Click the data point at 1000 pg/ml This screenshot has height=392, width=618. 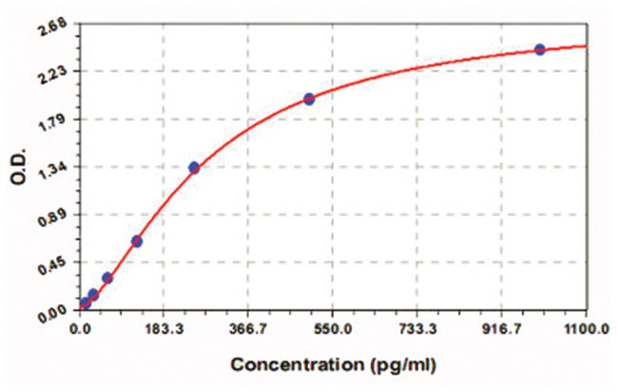pos(540,49)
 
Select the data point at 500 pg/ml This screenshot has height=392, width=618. pos(309,99)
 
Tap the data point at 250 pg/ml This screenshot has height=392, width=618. pos(194,167)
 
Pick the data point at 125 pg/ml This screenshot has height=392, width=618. pos(137,241)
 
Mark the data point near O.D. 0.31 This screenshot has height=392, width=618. pos(107,278)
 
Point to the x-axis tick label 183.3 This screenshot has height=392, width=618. pos(164,329)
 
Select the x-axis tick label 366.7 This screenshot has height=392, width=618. pos(248,329)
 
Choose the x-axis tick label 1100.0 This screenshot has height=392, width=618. pos(585,329)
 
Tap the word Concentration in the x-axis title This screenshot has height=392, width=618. pos(285,364)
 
